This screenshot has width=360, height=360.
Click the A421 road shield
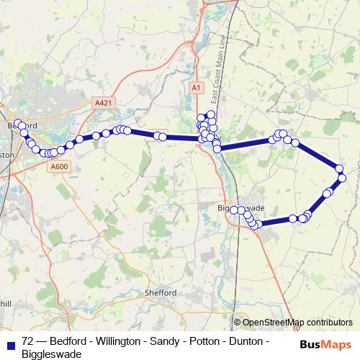click(104, 104)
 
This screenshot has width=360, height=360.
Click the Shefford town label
click(161, 293)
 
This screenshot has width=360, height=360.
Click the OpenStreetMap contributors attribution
click(297, 323)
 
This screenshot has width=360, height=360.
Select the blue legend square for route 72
click(9, 343)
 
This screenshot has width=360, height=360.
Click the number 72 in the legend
click(27, 341)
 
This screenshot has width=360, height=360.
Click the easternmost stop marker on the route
click(341, 176)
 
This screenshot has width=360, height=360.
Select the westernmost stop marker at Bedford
click(18, 123)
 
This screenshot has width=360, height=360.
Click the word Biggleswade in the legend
click(52, 354)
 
